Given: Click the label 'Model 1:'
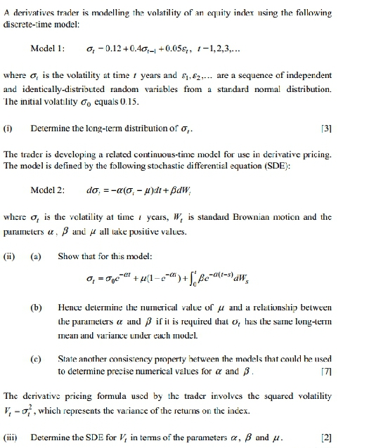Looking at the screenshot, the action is [48, 49].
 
